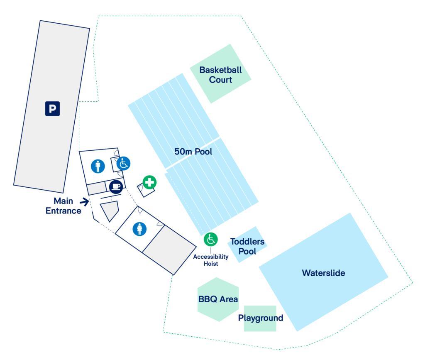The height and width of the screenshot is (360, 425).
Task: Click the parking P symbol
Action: tap(52, 108)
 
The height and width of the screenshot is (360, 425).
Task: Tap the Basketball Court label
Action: tap(220, 75)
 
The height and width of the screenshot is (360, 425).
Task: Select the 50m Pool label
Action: tap(193, 152)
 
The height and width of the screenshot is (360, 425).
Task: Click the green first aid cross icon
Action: tap(149, 182)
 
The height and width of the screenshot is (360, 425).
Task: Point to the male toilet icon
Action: tap(98, 167)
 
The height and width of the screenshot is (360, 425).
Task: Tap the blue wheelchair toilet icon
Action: tap(123, 164)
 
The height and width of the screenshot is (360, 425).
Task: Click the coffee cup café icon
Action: tap(116, 186)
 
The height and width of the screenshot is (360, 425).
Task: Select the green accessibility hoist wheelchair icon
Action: tap(211, 240)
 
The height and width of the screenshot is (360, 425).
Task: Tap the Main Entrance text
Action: tap(64, 206)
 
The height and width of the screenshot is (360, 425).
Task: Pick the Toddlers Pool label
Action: tap(247, 246)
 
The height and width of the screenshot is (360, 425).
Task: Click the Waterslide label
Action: tap(323, 273)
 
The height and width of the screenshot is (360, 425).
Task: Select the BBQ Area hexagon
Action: tap(218, 299)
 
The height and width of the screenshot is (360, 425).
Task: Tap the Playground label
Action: tap(261, 318)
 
